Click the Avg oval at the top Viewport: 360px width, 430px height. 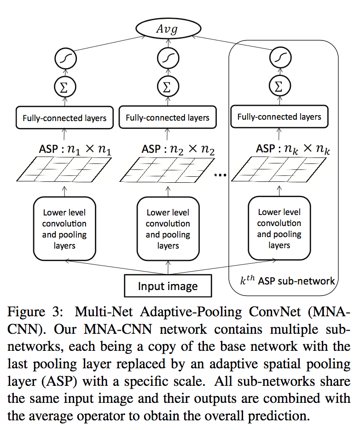pyautogui.click(x=167, y=30)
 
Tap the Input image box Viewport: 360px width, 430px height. pyautogui.click(x=168, y=286)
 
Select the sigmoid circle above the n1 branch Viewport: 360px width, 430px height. pyautogui.click(x=64, y=59)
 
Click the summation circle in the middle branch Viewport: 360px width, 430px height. pyautogui.click(x=167, y=86)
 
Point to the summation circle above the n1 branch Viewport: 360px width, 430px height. pyautogui.click(x=64, y=86)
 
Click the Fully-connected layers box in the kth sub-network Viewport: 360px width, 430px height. pyautogui.click(x=279, y=117)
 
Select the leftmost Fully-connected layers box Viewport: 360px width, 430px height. pyautogui.click(x=64, y=118)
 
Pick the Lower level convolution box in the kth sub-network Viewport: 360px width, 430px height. pyautogui.click(x=279, y=229)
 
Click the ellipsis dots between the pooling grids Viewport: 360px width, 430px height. pyautogui.click(x=221, y=175)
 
